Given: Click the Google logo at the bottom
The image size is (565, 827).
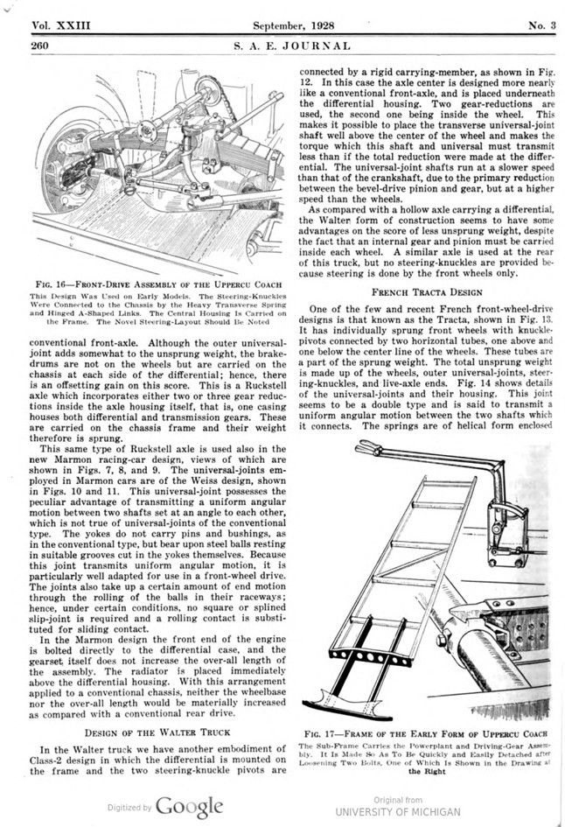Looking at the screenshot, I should point(191,806).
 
